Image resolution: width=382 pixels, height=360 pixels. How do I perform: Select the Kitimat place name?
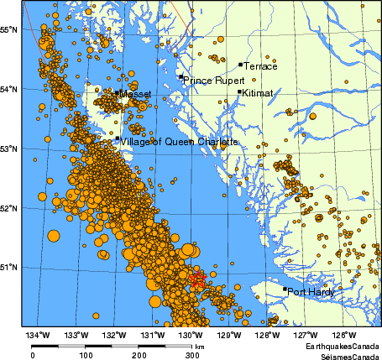tap(257, 93)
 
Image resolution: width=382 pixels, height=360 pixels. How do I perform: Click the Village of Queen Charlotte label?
tap(179, 142)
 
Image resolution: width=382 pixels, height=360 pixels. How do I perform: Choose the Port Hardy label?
tap(311, 292)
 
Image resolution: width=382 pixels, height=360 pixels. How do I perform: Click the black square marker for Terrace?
tap(240, 64)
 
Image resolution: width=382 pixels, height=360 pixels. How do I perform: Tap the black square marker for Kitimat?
tap(239, 91)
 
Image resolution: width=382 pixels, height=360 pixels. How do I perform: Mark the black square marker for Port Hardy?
tap(285, 290)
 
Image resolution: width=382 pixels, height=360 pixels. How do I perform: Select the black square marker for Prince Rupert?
tap(181, 76)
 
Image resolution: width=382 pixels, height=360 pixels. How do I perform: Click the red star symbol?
tap(198, 280)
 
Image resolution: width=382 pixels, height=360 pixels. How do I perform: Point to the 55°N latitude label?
tap(10, 29)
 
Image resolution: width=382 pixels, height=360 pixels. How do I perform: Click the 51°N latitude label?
tap(10, 268)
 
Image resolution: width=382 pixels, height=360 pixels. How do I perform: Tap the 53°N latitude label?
tap(10, 149)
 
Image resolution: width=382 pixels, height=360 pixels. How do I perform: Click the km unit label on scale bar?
tap(200, 346)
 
